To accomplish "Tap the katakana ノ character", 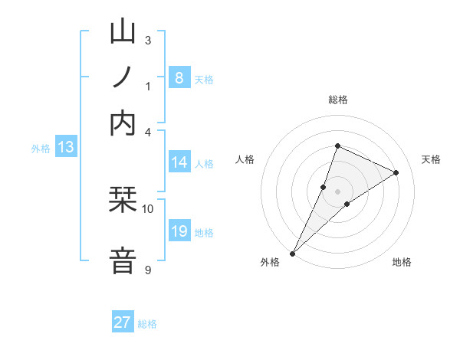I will click(123, 79).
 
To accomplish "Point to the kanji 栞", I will click(123, 201).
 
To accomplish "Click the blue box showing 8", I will click(179, 77).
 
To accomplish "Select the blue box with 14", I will click(179, 162).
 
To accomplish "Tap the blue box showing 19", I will click(179, 231).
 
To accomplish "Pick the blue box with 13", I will click(65, 147).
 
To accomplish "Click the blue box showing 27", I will click(123, 322).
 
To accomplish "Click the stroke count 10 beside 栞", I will click(148, 208).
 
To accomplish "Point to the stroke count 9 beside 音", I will click(148, 270).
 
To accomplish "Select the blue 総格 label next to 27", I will click(148, 324).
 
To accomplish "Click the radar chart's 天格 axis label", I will click(431, 159).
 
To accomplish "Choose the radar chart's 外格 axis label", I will click(270, 263).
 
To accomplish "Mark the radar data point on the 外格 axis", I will click(293, 253).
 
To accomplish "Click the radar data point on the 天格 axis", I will click(396, 172).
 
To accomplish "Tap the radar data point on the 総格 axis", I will click(337, 146).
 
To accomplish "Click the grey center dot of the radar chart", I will click(337, 191).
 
